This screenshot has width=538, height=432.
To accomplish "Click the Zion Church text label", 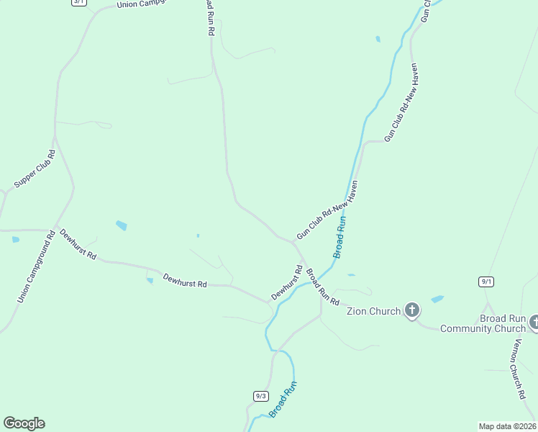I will click(373, 312).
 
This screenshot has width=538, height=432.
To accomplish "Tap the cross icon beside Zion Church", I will click(411, 310).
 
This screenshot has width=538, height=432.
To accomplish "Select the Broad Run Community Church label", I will click(483, 323).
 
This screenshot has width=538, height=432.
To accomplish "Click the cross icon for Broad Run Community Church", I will click(534, 322).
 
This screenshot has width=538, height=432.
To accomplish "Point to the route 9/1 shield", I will click(487, 281).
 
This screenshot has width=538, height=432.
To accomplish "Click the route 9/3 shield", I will click(260, 396).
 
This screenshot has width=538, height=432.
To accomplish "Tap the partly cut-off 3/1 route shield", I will click(78, 2).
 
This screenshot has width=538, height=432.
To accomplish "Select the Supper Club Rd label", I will click(35, 169).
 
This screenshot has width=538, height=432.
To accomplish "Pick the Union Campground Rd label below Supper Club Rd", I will click(36, 266).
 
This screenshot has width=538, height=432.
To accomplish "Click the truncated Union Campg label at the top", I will click(142, 4).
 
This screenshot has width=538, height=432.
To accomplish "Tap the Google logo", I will click(24, 423).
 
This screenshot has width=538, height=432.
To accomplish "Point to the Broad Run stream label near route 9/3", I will click(283, 400).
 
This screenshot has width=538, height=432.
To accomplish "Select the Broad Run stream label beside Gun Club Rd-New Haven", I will click(340, 238).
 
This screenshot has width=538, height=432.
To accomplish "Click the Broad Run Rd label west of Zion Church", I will click(322, 287).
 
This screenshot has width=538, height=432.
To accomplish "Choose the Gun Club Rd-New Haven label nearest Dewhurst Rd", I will click(327, 211).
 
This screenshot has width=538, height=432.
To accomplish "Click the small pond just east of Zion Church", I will click(437, 299).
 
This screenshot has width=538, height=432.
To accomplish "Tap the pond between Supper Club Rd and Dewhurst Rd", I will click(122, 225).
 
